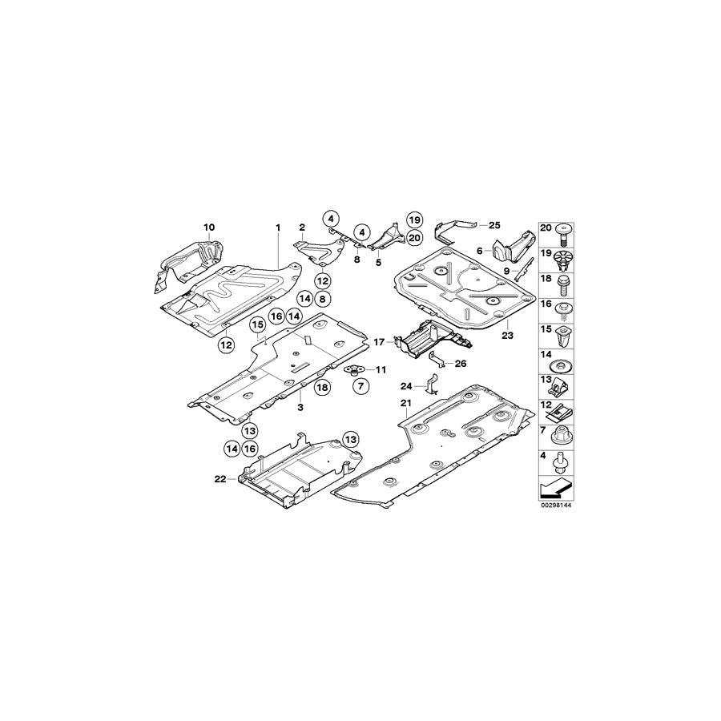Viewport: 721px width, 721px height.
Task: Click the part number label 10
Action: click(x=209, y=228)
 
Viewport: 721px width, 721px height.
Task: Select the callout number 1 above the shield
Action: click(x=278, y=228)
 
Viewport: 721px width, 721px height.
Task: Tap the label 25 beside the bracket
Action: click(x=494, y=225)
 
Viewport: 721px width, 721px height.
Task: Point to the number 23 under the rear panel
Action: click(x=507, y=336)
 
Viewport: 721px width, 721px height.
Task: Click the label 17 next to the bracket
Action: click(x=379, y=342)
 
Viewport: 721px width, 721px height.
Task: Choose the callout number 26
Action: click(x=461, y=364)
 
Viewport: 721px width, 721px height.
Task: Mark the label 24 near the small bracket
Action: click(x=406, y=386)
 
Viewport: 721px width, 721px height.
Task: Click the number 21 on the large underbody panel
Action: click(x=405, y=403)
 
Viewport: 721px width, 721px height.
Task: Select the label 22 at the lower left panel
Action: click(x=220, y=479)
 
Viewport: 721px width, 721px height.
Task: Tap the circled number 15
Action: click(x=258, y=325)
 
